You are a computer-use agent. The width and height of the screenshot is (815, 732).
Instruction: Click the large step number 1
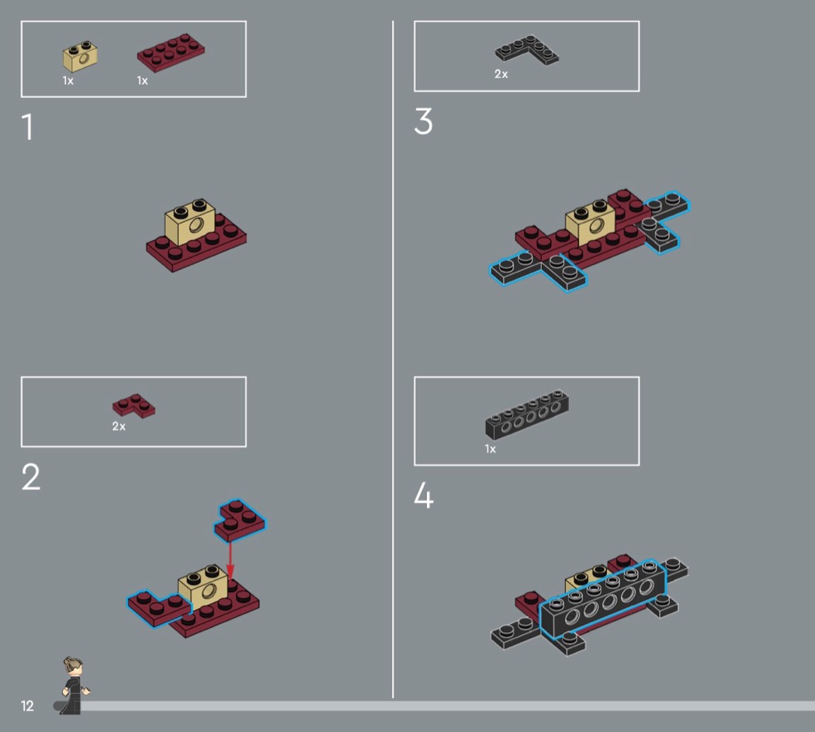[27, 127]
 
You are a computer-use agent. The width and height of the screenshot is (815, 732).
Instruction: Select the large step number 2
[31, 477]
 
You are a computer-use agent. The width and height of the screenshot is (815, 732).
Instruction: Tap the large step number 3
[423, 122]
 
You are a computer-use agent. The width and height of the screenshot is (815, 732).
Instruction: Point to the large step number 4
[424, 495]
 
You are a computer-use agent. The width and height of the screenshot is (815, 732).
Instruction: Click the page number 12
[27, 706]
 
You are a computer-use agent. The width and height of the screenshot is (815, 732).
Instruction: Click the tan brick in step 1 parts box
[80, 56]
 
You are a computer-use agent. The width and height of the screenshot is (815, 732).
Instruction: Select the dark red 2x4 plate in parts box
[171, 52]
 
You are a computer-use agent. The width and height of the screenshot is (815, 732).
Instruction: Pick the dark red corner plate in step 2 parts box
[134, 406]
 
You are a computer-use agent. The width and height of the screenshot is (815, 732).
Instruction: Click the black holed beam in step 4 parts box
[527, 415]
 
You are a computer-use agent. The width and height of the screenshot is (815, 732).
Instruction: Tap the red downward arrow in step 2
[231, 561]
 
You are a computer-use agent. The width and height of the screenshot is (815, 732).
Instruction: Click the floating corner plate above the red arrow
[240, 521]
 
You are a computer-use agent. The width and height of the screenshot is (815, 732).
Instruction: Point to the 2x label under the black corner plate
[501, 74]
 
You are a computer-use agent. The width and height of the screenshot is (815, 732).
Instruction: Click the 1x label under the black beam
[490, 448]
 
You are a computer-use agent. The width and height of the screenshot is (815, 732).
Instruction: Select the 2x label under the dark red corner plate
[119, 426]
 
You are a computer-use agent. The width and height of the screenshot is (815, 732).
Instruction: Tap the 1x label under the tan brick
[68, 81]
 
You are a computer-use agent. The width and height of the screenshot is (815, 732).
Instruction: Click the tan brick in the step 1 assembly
[189, 222]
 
